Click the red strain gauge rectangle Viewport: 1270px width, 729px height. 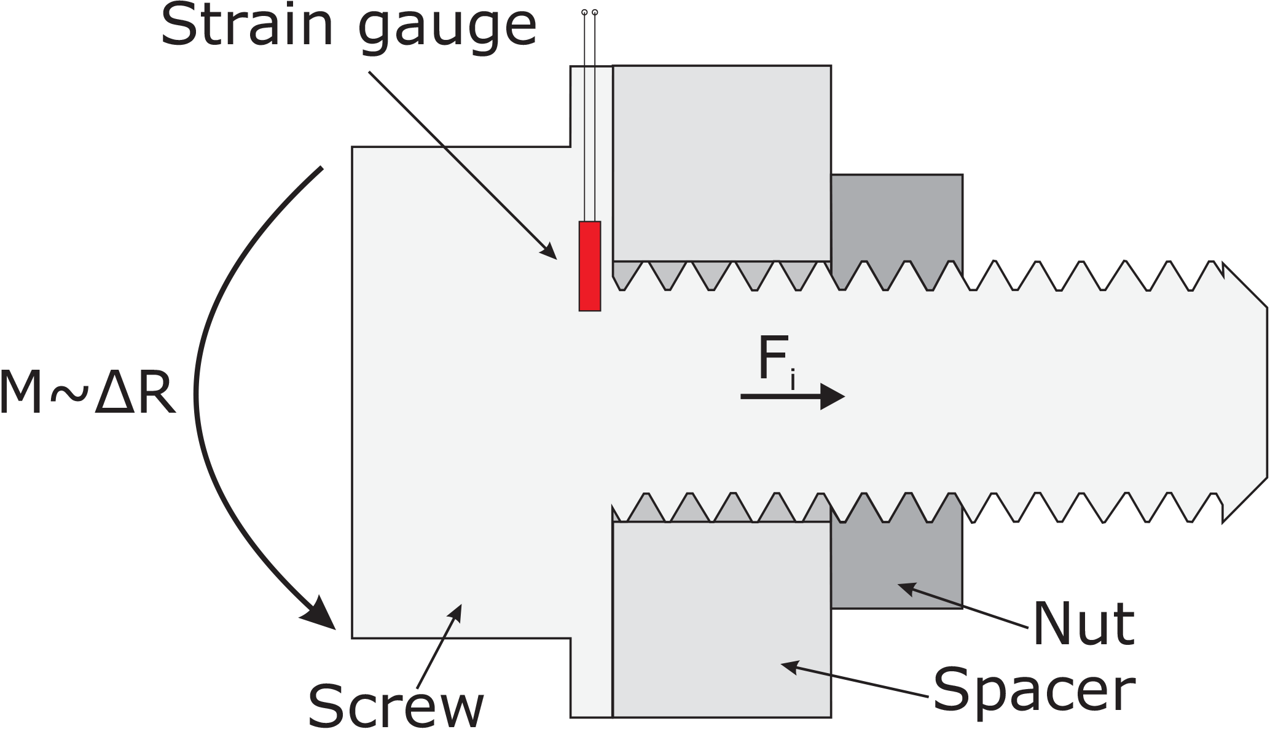[589, 266]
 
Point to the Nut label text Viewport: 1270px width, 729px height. [1083, 624]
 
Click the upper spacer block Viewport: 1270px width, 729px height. [722, 163]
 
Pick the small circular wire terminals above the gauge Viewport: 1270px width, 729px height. [589, 12]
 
